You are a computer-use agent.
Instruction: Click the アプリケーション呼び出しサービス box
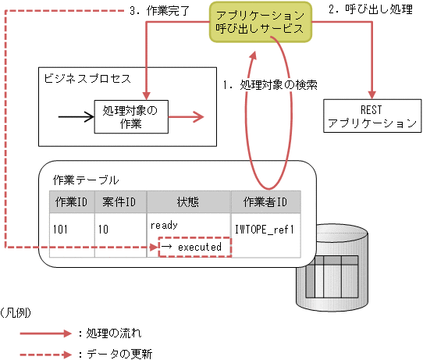(261, 21)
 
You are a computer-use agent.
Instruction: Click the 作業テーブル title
(86, 179)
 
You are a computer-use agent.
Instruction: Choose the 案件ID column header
(119, 202)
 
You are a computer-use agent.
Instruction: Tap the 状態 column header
(188, 202)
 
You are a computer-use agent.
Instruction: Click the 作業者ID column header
(265, 202)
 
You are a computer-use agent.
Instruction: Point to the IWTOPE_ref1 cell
(265, 231)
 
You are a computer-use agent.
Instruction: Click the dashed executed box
(194, 247)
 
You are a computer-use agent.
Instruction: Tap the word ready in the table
(164, 224)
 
